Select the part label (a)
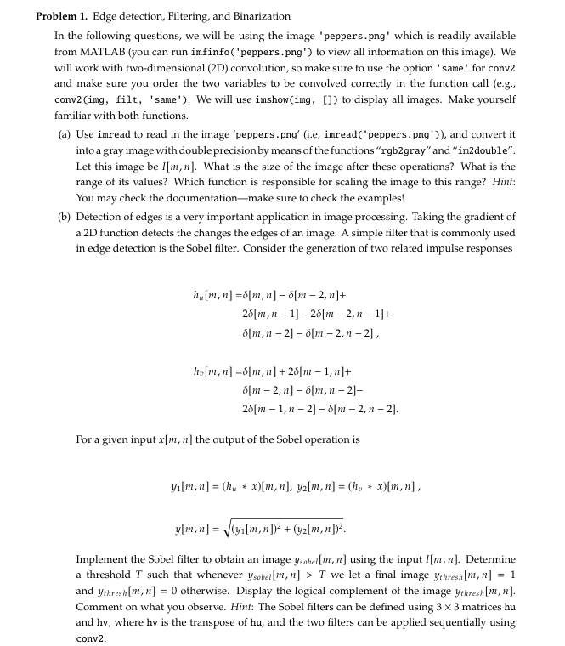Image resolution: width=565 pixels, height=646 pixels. point(64,134)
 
